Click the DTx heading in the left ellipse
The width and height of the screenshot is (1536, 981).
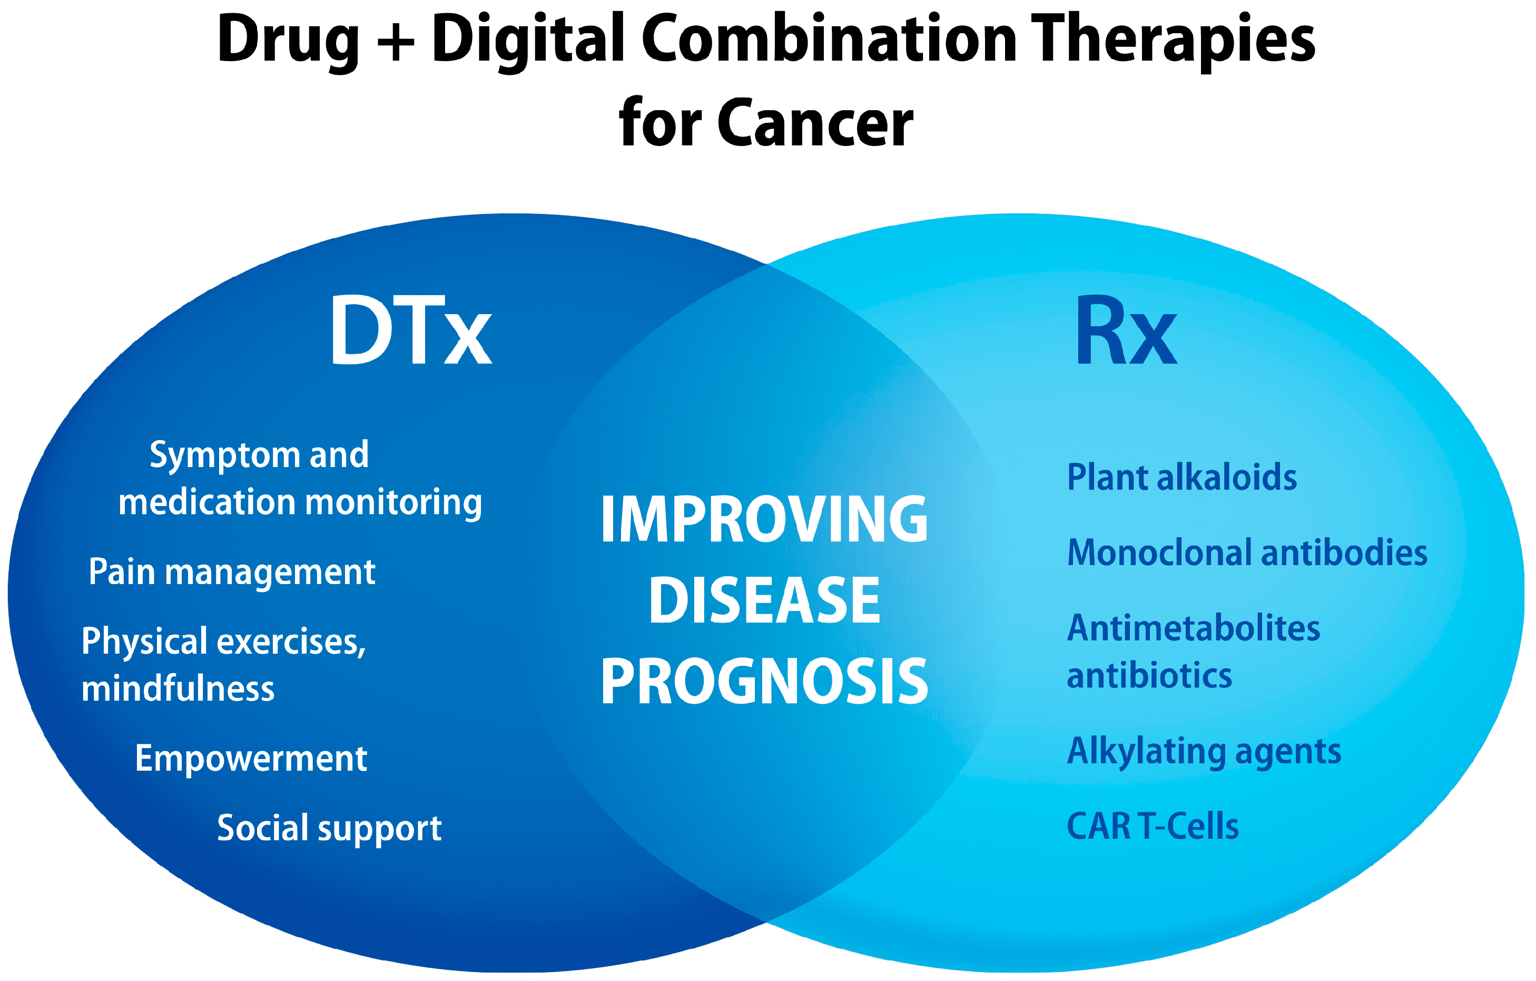click(411, 330)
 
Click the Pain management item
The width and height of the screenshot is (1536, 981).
click(232, 572)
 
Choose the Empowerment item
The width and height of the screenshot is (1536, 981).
click(251, 759)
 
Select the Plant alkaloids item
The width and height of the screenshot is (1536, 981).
click(1182, 478)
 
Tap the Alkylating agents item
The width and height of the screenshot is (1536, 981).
click(1204, 752)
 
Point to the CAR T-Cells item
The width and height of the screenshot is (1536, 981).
click(1153, 827)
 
